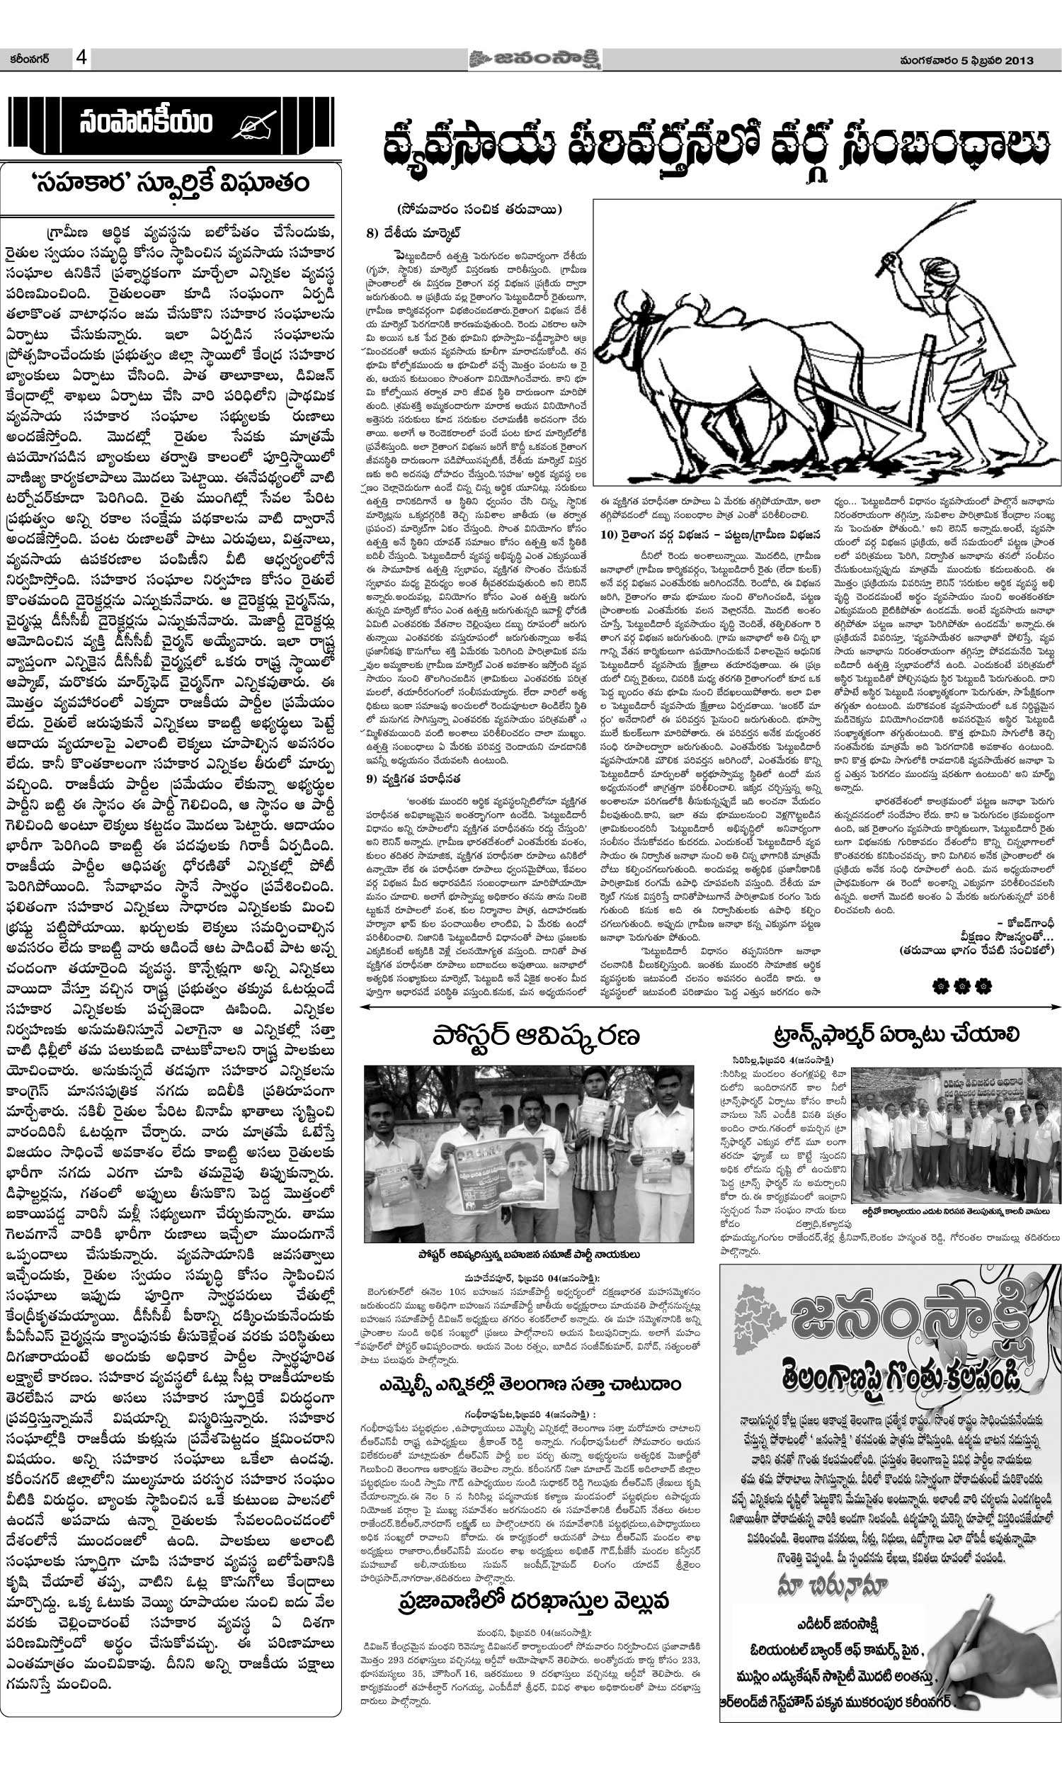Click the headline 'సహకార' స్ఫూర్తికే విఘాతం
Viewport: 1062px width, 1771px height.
pos(171,183)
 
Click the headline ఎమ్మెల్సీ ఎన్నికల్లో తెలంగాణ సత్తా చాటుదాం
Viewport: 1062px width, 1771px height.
pos(530,1364)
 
